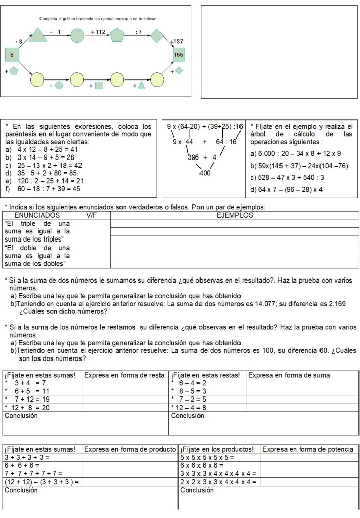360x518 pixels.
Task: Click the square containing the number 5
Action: pos(12,54)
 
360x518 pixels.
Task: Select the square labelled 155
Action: pos(178,54)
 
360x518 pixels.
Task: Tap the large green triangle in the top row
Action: pos(37,35)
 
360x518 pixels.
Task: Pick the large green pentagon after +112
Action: pos(117,35)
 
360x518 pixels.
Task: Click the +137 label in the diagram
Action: pos(177,41)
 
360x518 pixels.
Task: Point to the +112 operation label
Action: pos(98,32)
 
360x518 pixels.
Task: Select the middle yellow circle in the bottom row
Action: pos(76,79)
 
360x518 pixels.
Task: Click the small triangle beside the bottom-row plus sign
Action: pos(141,85)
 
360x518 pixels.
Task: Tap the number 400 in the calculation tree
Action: pos(205,173)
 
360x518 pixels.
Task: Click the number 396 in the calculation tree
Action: pos(193,157)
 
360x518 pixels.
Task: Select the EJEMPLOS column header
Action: pos(234,215)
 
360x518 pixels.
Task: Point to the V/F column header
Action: pos(91,215)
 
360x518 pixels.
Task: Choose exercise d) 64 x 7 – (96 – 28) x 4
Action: pos(287,190)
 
